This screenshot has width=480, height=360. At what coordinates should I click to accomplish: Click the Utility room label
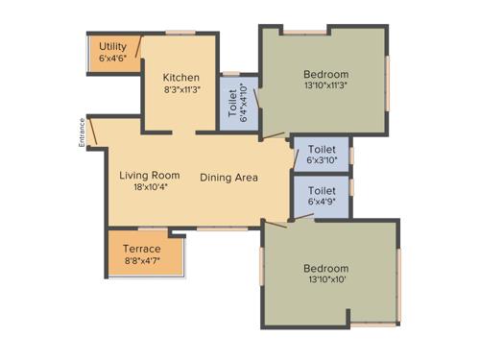coord(113,46)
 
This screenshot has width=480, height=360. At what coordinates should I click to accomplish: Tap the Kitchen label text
coord(180,79)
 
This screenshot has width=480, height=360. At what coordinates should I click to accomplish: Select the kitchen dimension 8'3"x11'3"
coord(180,92)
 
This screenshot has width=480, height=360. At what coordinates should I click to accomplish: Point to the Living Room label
coord(150,176)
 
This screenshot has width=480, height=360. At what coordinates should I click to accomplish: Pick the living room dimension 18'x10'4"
coord(150,188)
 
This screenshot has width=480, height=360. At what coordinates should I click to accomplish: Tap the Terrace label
coord(142,249)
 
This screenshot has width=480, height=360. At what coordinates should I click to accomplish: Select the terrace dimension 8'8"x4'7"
coord(142,261)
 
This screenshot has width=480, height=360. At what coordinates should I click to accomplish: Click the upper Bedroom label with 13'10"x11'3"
coord(325,74)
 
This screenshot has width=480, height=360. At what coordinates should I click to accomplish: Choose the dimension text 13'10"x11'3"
coord(325,86)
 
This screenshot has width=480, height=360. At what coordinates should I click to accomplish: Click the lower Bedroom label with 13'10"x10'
coord(325,268)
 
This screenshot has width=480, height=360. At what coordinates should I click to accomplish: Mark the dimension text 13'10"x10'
coord(325,280)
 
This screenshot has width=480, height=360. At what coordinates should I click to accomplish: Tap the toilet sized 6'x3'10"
coord(322,155)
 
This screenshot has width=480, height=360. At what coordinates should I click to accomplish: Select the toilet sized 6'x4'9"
coord(322,197)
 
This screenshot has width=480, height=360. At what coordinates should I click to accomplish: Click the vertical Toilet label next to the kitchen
coord(233,107)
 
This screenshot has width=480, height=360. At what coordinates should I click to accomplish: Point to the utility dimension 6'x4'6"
coord(113,58)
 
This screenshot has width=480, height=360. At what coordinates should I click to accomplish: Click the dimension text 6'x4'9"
coord(322,203)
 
